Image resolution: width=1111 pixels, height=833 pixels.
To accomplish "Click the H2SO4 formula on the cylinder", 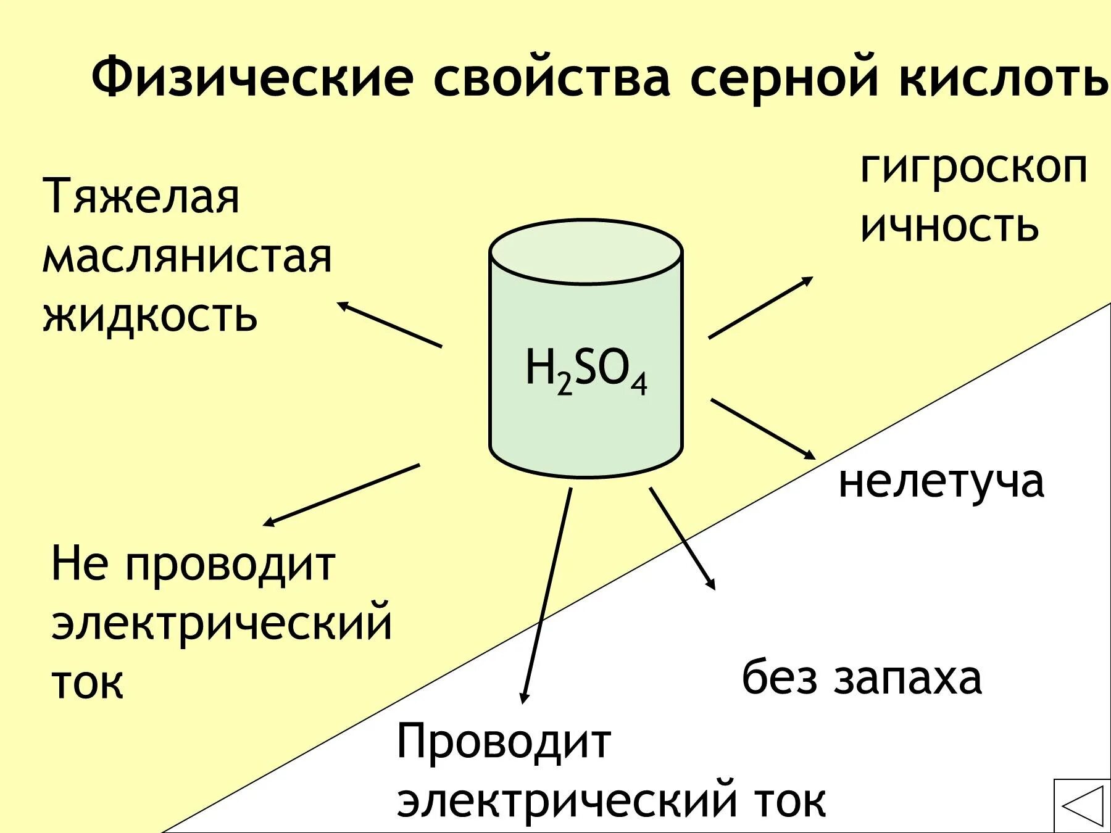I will coord(586,370).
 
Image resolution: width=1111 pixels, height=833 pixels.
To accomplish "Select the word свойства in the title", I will coord(551,78).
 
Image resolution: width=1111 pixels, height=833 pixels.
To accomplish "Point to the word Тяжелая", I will coord(141,196).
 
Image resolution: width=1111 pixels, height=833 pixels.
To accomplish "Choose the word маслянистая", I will coord(187,257).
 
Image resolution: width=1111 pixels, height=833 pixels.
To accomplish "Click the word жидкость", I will coord(149,316).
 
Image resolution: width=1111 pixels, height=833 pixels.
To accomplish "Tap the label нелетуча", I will coord(941,481).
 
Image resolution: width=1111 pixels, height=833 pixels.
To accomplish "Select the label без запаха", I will coord(861,678).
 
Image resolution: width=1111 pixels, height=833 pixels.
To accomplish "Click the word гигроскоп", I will coord(973,168).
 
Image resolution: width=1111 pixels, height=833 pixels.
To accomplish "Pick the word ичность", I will coord(949,226).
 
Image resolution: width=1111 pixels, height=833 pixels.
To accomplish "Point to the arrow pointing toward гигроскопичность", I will coord(760,307).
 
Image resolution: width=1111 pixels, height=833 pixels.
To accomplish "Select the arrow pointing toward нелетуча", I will coord(763,429).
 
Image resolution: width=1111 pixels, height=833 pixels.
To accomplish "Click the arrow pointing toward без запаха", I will coord(682,538).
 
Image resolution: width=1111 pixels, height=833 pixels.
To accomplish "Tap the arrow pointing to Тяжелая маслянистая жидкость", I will coord(389,324).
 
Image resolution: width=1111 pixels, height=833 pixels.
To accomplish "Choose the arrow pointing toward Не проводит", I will coord(341,495).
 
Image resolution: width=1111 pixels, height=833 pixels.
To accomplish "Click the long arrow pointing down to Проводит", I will coord(547,595).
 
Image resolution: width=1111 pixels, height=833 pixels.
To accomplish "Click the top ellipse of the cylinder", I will coord(586,252).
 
